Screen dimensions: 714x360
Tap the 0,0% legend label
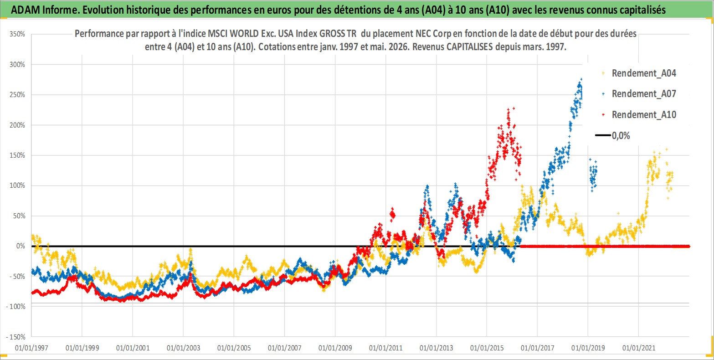tap(621, 136)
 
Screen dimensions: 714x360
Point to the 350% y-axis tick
tap(17, 34)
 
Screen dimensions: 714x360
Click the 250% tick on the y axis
tap(17, 95)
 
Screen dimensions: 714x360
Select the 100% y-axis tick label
tap(17, 185)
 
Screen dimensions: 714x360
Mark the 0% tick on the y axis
tap(21, 246)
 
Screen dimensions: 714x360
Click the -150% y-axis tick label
tap(15, 337)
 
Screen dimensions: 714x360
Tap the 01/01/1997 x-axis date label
tap(31, 348)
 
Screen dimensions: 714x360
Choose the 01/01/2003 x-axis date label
tap(183, 348)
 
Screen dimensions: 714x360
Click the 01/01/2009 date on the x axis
tap(335, 348)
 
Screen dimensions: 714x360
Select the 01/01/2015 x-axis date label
tap(487, 348)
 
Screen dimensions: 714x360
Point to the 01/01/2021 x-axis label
tap(639, 348)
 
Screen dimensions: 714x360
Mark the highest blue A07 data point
tap(581, 79)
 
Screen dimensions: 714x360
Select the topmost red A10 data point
tap(514, 108)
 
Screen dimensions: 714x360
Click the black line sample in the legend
tap(603, 135)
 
